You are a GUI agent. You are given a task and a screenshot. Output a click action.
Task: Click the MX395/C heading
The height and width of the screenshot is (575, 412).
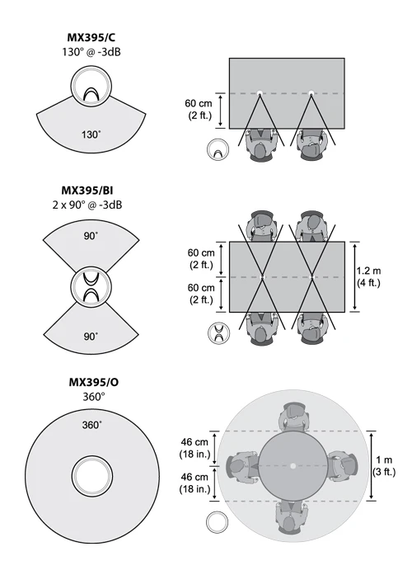91,37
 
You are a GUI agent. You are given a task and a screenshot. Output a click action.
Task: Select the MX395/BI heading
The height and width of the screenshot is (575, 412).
87,191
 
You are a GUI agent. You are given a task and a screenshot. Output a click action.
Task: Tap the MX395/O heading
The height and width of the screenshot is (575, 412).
94,382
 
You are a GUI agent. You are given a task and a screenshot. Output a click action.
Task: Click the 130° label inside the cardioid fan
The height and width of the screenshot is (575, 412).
91,134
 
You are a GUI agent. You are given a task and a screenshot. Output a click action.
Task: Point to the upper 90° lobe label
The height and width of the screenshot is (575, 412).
91,236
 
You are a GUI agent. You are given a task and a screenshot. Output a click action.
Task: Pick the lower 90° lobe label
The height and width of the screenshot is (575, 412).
91,337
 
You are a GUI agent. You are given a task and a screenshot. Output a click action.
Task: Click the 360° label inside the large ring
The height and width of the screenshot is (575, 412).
92,425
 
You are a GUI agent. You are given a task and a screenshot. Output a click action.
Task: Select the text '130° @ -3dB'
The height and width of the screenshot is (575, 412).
91,52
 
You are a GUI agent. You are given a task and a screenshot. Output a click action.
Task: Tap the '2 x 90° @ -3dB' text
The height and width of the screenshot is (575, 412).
87,205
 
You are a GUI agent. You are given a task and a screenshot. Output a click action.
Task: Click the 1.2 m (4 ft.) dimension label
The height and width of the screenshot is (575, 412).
369,277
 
